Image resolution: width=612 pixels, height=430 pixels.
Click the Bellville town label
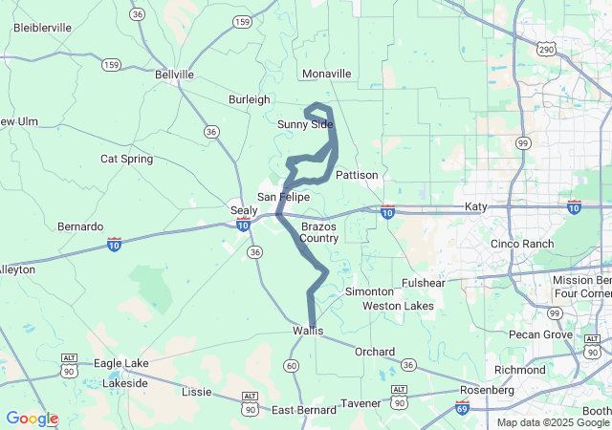click(174, 74)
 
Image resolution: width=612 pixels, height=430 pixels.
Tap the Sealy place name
click(243, 209)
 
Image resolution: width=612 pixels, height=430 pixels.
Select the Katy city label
click(475, 206)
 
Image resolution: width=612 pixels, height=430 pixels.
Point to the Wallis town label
click(308, 331)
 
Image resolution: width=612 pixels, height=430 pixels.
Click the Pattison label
click(357, 175)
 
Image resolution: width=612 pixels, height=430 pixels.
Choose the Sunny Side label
click(305, 124)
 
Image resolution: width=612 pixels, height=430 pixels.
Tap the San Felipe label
click(283, 196)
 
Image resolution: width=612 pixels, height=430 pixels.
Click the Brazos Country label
click(319, 232)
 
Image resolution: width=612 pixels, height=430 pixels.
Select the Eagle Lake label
click(121, 363)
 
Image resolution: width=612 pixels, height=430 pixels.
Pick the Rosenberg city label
click(487, 390)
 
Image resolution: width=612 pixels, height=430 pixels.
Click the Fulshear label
click(424, 283)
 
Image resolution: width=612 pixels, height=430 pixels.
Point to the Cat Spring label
click(126, 159)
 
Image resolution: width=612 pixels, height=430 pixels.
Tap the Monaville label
click(326, 74)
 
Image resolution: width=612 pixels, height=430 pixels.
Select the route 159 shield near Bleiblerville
click(112, 64)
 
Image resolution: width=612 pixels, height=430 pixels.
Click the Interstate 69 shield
click(462, 409)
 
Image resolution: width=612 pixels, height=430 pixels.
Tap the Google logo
click(32, 419)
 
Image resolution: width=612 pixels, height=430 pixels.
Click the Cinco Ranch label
click(521, 244)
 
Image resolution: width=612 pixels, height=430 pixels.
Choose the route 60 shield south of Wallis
click(291, 366)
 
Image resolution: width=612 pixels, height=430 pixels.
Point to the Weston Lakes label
click(398, 306)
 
